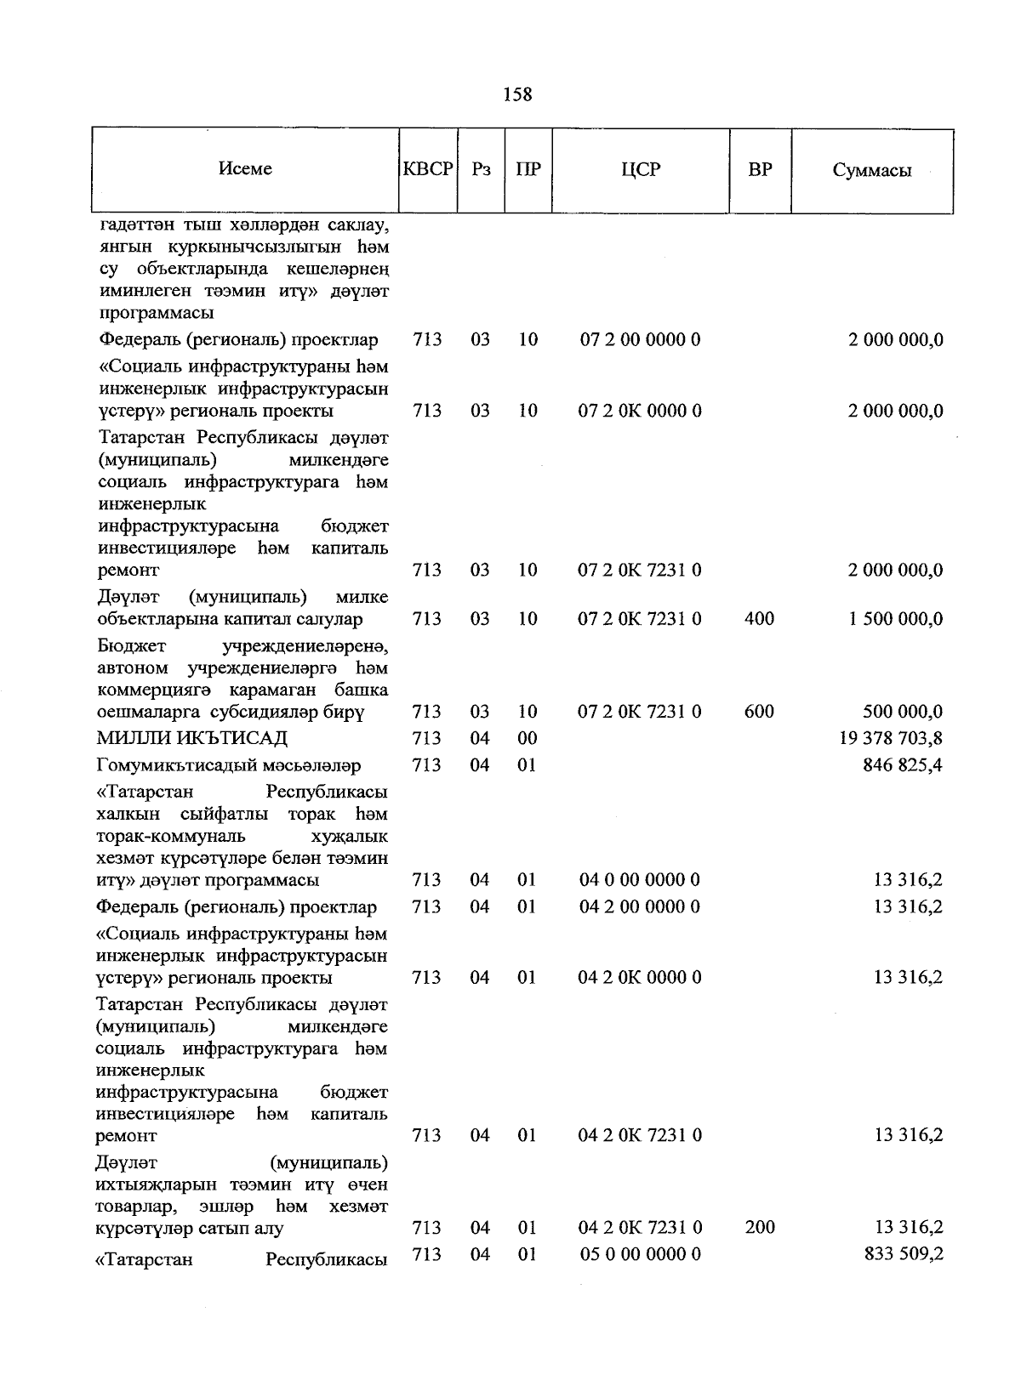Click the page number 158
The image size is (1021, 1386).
tap(517, 94)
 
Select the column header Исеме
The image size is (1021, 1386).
tap(245, 169)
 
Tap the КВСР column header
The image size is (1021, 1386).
tap(428, 169)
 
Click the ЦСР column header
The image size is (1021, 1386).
tap(640, 169)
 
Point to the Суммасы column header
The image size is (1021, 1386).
tap(871, 170)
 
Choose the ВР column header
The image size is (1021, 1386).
tap(760, 169)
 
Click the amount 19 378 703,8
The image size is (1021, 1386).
tap(891, 738)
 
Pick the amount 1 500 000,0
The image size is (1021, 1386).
tap(895, 619)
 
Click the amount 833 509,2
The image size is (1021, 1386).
tap(903, 1254)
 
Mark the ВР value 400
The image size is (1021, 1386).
tap(759, 619)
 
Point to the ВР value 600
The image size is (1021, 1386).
tap(759, 712)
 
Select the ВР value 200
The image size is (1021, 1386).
tap(759, 1228)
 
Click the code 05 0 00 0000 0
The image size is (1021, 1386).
tap(640, 1254)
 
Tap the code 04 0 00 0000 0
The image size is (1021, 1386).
tap(640, 880)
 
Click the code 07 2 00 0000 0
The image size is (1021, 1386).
tap(640, 340)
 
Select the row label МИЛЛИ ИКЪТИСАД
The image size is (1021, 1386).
tap(193, 738)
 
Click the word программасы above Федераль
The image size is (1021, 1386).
tap(156, 314)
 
